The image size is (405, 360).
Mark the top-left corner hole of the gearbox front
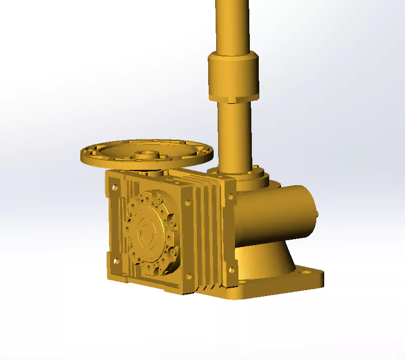point(115,187)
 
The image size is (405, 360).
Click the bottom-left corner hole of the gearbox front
point(116,261)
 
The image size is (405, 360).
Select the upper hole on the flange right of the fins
point(230,197)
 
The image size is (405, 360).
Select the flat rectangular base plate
point(278,285)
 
